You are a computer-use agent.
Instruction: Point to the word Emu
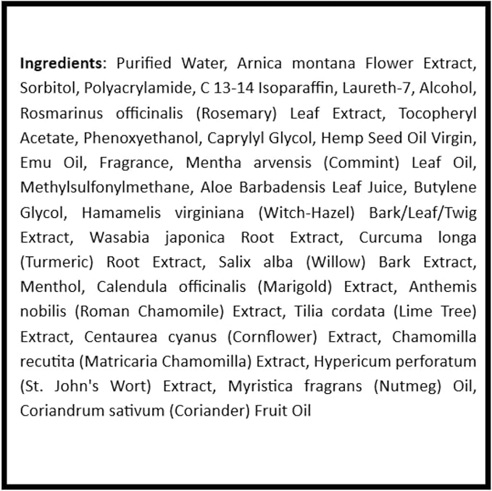coord(36,163)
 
